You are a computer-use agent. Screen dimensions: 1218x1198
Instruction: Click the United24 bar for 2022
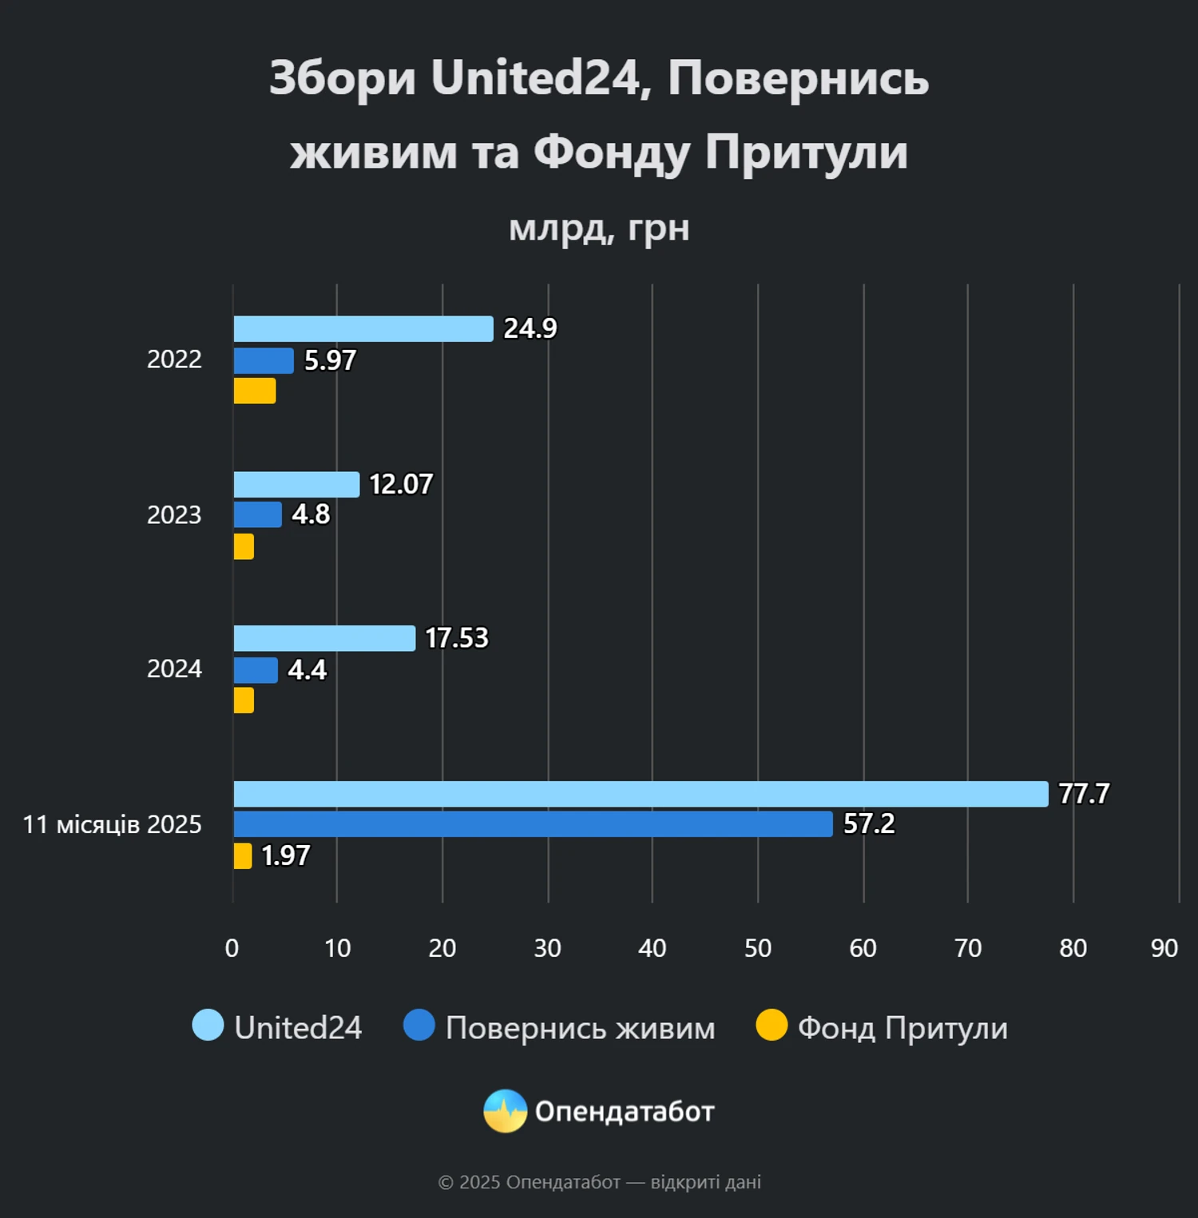pyautogui.click(x=363, y=329)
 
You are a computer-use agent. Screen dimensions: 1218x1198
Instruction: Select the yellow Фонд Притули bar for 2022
pyautogui.click(x=255, y=391)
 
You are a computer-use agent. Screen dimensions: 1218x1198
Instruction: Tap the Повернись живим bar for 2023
pyautogui.click(x=258, y=514)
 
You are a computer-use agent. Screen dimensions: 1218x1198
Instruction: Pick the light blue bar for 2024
pyautogui.click(x=324, y=638)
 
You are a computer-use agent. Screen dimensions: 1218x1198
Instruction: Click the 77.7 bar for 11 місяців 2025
pyautogui.click(x=641, y=794)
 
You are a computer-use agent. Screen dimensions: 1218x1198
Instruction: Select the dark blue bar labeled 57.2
pyautogui.click(x=533, y=824)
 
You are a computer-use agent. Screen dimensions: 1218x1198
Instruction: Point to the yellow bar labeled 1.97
pyautogui.click(x=243, y=855)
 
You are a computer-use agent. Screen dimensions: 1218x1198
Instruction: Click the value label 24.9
pyautogui.click(x=530, y=328)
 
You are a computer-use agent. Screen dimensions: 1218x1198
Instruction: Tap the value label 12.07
pyautogui.click(x=401, y=484)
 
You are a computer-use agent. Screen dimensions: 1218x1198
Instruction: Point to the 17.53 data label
pyautogui.click(x=456, y=638)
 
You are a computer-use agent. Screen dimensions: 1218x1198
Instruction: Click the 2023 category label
pyautogui.click(x=174, y=515)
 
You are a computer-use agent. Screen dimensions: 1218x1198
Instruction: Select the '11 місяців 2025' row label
pyautogui.click(x=112, y=824)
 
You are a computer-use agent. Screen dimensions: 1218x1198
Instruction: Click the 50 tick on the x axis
pyautogui.click(x=757, y=948)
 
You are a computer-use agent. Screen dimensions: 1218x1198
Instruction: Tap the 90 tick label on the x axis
pyautogui.click(x=1164, y=948)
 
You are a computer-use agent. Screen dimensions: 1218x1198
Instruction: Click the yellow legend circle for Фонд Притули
pyautogui.click(x=772, y=1026)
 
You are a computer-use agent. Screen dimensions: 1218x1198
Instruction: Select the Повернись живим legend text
pyautogui.click(x=580, y=1028)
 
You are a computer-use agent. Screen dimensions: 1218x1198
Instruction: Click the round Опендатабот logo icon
pyautogui.click(x=505, y=1111)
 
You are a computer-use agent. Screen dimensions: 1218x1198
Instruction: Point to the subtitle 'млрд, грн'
pyautogui.click(x=599, y=228)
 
